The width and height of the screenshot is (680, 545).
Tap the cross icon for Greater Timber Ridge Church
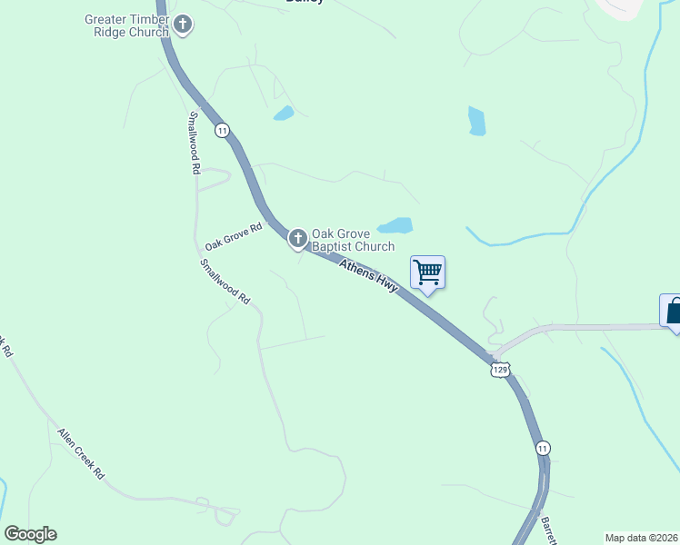[183, 24]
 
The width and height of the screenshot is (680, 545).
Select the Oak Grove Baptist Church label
[353, 240]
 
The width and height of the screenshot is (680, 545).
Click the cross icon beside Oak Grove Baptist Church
[297, 239]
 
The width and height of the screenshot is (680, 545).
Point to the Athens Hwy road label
[368, 276]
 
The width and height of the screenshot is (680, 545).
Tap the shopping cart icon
[427, 272]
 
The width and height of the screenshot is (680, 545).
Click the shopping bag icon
[674, 311]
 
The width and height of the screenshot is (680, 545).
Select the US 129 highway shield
[500, 370]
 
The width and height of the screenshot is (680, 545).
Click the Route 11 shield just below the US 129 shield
[543, 449]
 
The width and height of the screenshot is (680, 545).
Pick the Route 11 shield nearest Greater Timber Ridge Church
[222, 131]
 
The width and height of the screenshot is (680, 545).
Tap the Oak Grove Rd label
[233, 237]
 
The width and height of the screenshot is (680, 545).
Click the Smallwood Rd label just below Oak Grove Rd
[225, 281]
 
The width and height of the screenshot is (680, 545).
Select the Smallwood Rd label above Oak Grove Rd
[194, 142]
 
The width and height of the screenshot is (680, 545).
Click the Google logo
[30, 534]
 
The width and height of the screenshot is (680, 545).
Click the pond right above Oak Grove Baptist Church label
[395, 225]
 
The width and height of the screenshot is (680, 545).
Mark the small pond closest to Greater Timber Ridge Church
[284, 114]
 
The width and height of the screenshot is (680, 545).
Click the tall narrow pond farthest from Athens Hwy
[476, 121]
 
